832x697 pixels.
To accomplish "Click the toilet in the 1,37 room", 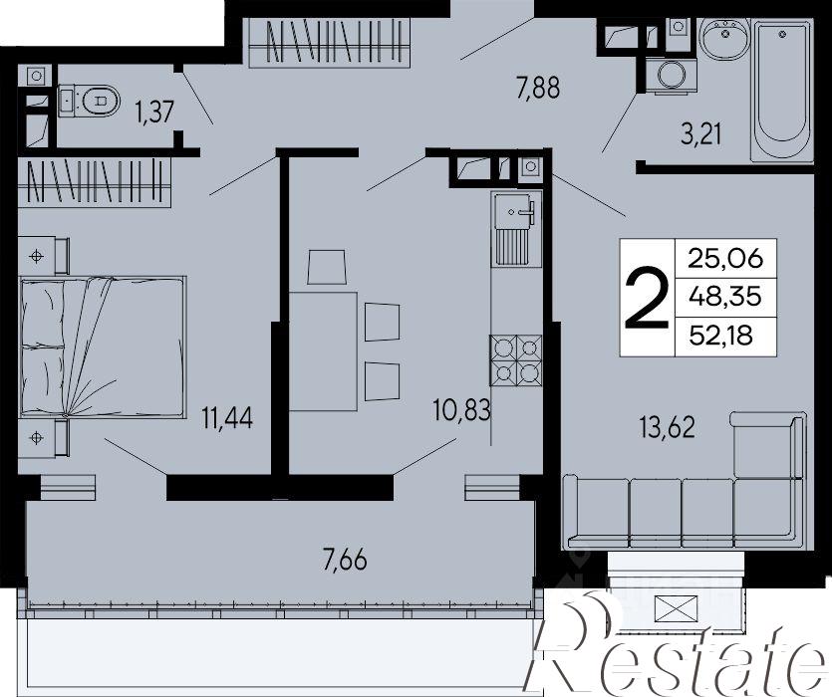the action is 89,100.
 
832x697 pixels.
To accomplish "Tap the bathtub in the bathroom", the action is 781,90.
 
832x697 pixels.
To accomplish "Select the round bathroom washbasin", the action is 723,38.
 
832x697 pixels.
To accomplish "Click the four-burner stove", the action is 516,359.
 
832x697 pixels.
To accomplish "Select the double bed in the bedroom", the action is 103,347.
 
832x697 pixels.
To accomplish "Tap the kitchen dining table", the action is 323,351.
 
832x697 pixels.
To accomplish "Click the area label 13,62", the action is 668,427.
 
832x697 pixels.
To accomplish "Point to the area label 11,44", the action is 227,417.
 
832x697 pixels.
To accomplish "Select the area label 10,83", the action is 461,410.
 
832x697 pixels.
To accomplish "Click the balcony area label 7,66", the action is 345,561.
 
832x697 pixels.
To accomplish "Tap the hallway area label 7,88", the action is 538,88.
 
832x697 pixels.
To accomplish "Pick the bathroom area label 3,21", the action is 701,134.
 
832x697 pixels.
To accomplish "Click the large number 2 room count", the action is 647,298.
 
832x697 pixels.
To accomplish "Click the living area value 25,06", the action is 724,259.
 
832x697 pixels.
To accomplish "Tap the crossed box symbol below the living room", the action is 676,609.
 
